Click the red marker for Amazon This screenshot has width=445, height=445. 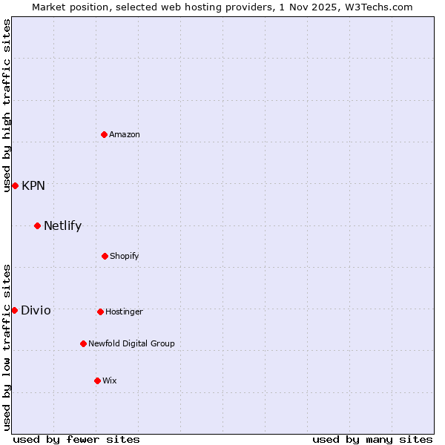[104, 134]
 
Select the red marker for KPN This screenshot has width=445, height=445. [15, 185]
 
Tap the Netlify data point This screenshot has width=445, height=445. [37, 225]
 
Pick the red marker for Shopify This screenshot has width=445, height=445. [105, 256]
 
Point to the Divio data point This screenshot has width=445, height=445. [14, 310]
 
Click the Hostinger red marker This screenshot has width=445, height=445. [100, 311]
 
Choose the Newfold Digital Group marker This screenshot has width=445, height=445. [83, 343]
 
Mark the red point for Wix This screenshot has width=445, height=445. [97, 380]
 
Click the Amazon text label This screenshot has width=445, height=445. [125, 134]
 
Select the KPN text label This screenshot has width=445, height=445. [33, 185]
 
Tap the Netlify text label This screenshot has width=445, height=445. [62, 225]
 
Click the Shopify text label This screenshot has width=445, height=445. [125, 256]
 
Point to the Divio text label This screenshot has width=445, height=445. [36, 310]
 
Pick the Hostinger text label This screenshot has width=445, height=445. [124, 311]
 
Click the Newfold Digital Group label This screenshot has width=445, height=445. [131, 343]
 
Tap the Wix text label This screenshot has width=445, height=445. [110, 380]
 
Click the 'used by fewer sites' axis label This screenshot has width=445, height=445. [76, 439]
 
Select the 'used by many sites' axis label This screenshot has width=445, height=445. [372, 439]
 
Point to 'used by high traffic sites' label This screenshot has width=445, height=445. [7, 105]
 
